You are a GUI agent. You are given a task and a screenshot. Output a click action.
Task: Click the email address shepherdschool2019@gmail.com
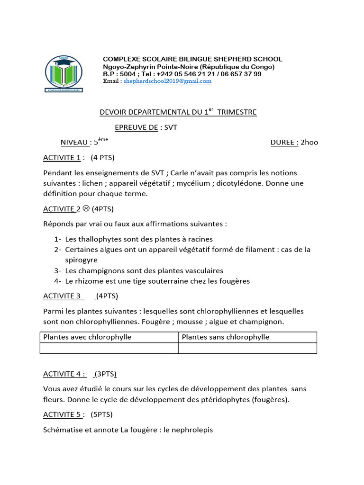click(x=167, y=81)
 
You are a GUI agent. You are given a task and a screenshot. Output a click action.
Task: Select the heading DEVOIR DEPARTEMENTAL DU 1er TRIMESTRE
click(x=178, y=112)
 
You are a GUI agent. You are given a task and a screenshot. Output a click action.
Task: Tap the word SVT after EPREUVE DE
click(x=171, y=127)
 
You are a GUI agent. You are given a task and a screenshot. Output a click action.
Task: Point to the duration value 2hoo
click(x=309, y=143)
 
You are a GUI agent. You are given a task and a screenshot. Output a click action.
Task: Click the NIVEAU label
click(x=75, y=143)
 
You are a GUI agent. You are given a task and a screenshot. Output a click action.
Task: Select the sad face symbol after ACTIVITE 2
click(x=86, y=208)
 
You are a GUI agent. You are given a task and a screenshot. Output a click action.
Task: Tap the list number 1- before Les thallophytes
click(x=57, y=239)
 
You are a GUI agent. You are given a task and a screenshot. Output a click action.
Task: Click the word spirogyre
click(x=81, y=260)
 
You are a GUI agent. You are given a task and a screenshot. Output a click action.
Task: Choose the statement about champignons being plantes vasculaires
click(x=144, y=270)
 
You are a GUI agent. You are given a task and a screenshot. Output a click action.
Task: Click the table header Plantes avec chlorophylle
click(x=87, y=337)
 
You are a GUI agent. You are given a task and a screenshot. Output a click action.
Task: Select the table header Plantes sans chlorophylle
click(x=226, y=337)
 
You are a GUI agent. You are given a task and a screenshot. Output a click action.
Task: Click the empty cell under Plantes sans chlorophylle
click(x=247, y=348)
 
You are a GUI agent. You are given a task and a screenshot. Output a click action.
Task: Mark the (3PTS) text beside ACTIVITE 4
click(x=105, y=374)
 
